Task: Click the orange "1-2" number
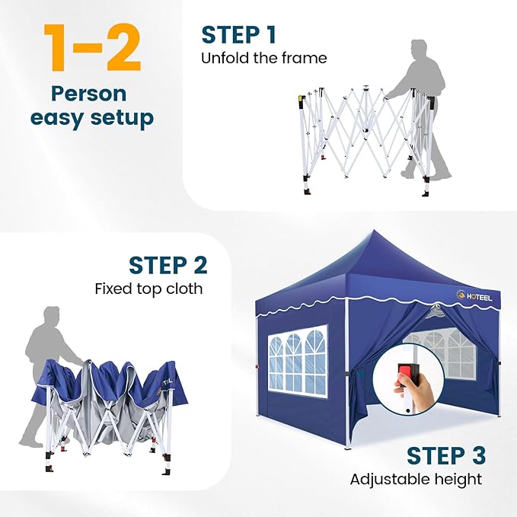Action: point(92,47)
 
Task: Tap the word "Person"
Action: point(88,94)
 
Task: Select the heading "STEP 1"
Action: point(239,34)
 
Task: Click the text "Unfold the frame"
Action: point(264,58)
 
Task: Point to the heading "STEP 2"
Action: point(168,265)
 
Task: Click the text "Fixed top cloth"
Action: point(148,289)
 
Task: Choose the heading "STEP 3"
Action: point(446,455)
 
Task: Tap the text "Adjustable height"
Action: point(416,480)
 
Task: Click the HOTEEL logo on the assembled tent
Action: point(474,296)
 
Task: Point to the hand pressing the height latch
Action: point(413,393)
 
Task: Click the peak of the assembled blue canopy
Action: point(374,230)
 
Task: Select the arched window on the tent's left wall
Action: point(298,361)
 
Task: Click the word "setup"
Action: point(122,118)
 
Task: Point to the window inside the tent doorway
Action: point(439,355)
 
